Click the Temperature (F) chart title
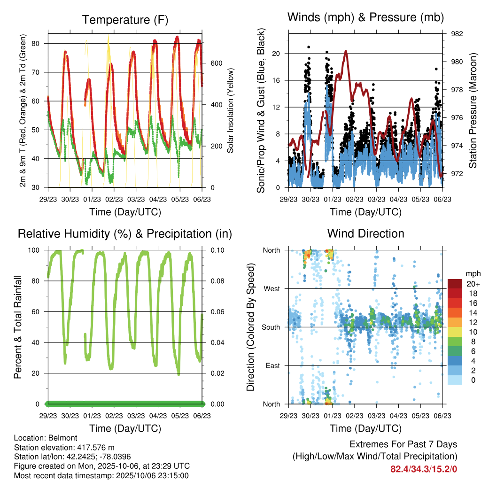point(125,20)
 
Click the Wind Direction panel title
point(365,233)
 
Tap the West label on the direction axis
point(271,288)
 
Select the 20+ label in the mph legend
point(471,284)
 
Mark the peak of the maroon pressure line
point(346,51)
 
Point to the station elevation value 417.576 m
point(93,447)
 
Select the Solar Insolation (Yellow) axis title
point(231,110)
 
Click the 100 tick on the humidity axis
point(37,250)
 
